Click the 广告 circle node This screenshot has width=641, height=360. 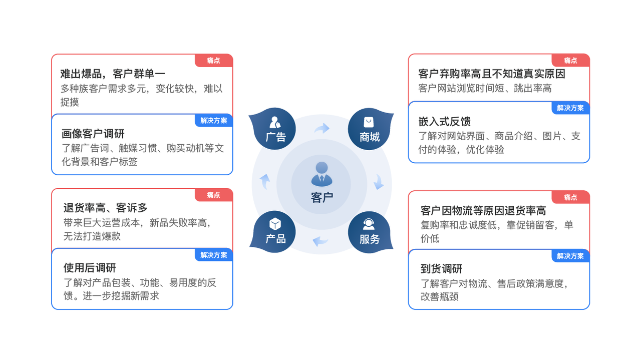(275, 129)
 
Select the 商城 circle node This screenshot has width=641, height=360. (369, 129)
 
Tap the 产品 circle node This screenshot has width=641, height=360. (275, 232)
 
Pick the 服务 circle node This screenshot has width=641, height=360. (369, 232)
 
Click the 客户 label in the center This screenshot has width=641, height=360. (322, 197)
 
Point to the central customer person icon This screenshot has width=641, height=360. (322, 174)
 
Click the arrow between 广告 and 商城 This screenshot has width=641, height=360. (322, 128)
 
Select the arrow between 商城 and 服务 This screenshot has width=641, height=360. (379, 182)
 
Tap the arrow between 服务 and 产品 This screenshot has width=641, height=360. (320, 241)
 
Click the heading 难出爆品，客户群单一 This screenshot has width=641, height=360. (113, 74)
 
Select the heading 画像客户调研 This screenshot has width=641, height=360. (93, 134)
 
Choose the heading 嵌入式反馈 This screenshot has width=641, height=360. (444, 122)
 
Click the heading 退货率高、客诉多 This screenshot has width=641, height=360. (105, 208)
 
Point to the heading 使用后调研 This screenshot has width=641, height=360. (90, 268)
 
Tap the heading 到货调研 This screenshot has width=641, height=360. (441, 269)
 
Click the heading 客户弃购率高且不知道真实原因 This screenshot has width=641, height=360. (492, 74)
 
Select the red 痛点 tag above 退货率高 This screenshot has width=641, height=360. (214, 195)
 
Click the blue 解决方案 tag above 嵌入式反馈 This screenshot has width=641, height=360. (570, 108)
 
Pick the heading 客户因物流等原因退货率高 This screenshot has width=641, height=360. (483, 211)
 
